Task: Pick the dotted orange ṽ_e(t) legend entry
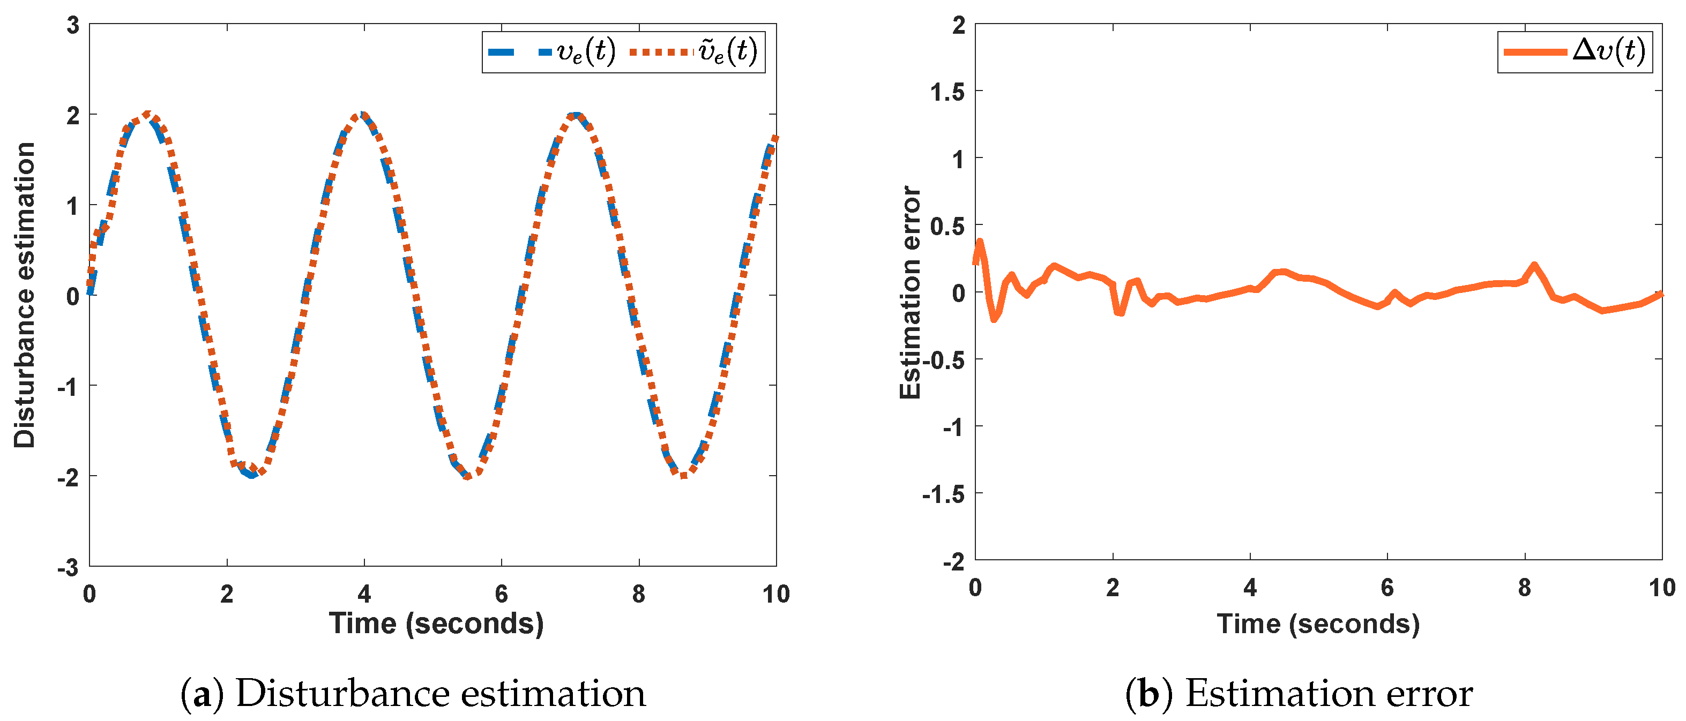coord(694,51)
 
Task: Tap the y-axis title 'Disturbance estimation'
coord(25,295)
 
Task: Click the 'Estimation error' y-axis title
coord(910,292)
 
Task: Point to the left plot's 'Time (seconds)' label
coord(436,624)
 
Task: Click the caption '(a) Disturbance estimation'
coord(413,694)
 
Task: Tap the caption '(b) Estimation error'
coord(1299,694)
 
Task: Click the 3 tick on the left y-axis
coord(73,26)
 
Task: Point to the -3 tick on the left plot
coord(68,567)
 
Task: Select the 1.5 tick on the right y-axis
coord(947,92)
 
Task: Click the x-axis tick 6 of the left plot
coord(501,594)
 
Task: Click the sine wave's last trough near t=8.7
coord(683,476)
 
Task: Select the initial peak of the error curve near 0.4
coord(980,242)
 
